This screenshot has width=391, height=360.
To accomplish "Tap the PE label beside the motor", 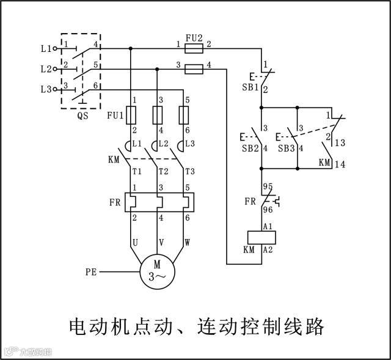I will [92, 270].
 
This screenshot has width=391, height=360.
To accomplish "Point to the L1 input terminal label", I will [47, 47].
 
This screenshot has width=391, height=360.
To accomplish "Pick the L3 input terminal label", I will [47, 89].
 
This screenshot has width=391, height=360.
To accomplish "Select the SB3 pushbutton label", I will [286, 149].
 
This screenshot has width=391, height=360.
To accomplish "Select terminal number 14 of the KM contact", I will [340, 164].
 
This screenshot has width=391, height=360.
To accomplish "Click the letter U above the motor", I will [135, 243].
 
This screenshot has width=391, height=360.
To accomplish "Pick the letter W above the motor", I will [187, 243].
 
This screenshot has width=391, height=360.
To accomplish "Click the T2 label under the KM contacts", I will [163, 171].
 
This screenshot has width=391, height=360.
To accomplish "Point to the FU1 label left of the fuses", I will [115, 114].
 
